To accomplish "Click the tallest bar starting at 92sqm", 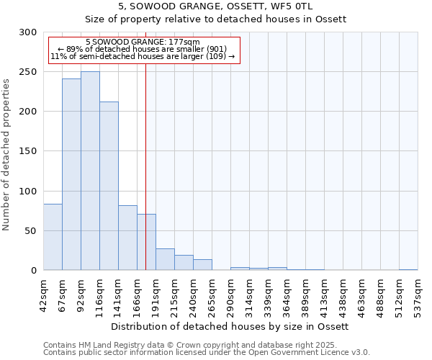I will pyautogui.click(x=90, y=171).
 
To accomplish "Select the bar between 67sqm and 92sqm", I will pyautogui.click(x=71, y=174).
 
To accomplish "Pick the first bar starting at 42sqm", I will pyautogui.click(x=53, y=237).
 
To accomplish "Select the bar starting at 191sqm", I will pyautogui.click(x=165, y=259).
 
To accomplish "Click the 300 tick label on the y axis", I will pyautogui.click(x=28, y=32).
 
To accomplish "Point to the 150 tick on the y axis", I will pyautogui.click(x=28, y=151).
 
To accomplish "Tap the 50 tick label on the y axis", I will pyautogui.click(x=31, y=231).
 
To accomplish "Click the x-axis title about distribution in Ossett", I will pyautogui.click(x=230, y=326).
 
